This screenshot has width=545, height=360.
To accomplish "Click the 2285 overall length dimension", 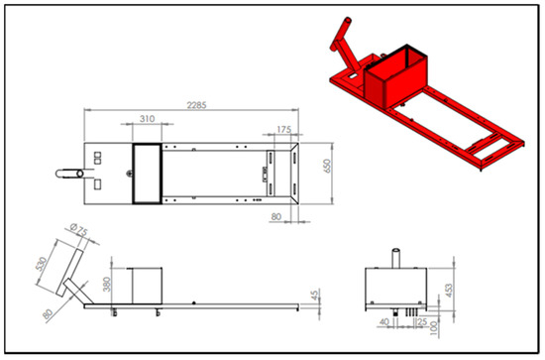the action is pos(197,105).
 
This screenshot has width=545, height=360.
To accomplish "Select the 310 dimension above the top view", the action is pos(147,119).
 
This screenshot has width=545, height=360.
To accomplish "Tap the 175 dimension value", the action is pos(283,129).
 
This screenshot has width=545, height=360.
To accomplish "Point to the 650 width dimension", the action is pos(327,166).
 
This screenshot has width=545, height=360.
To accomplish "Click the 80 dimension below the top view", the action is pos(276,217).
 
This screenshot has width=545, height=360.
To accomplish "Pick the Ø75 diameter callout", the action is pos(78,230).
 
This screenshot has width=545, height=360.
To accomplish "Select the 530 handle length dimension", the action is pos(42,264).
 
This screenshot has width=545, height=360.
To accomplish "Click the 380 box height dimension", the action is pos(107,285).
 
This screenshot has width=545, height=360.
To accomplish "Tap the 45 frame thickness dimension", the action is pos(315,296).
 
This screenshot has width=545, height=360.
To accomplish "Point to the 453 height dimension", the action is pos(449,291).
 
